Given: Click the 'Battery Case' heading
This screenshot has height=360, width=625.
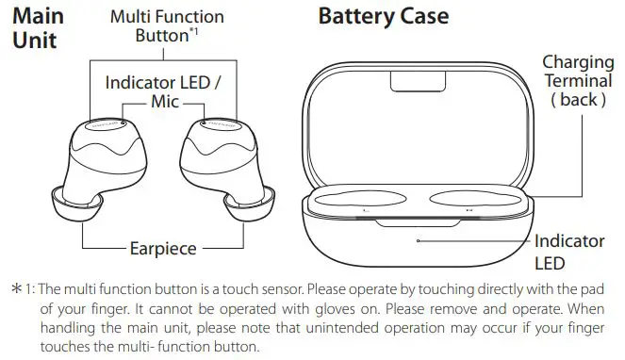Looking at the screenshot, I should pyautogui.click(x=383, y=17).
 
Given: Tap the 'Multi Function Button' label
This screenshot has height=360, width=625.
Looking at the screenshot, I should pyautogui.click(x=166, y=26).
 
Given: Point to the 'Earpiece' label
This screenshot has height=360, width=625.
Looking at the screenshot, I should pyautogui.click(x=162, y=249).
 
